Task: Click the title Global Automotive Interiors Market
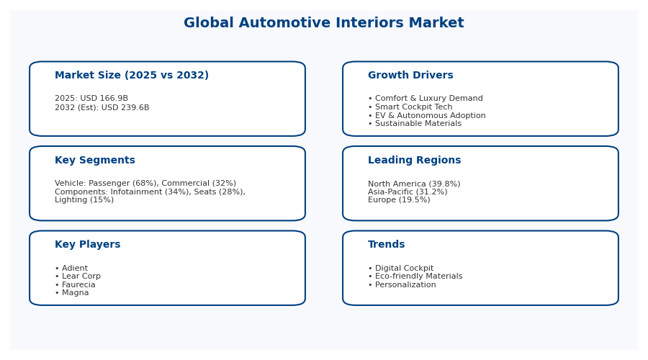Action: click(323, 23)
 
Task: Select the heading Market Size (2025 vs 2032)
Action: click(132, 75)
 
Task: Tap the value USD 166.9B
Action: click(104, 99)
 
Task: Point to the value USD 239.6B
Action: click(125, 108)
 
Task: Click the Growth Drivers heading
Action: click(410, 75)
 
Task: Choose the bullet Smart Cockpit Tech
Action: click(414, 107)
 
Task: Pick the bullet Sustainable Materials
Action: click(418, 124)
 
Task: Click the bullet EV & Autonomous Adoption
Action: click(431, 116)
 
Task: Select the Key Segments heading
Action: click(95, 161)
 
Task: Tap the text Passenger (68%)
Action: click(124, 183)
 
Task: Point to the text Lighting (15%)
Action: click(84, 200)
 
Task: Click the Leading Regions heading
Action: click(415, 161)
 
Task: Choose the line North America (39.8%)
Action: click(414, 184)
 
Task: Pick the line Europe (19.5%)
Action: click(399, 200)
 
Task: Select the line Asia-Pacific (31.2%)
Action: click(408, 192)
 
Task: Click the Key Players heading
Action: click(88, 245)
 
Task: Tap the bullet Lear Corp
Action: click(81, 276)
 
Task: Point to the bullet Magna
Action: click(75, 292)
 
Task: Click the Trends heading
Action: click(387, 245)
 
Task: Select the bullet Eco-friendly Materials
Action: click(418, 276)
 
